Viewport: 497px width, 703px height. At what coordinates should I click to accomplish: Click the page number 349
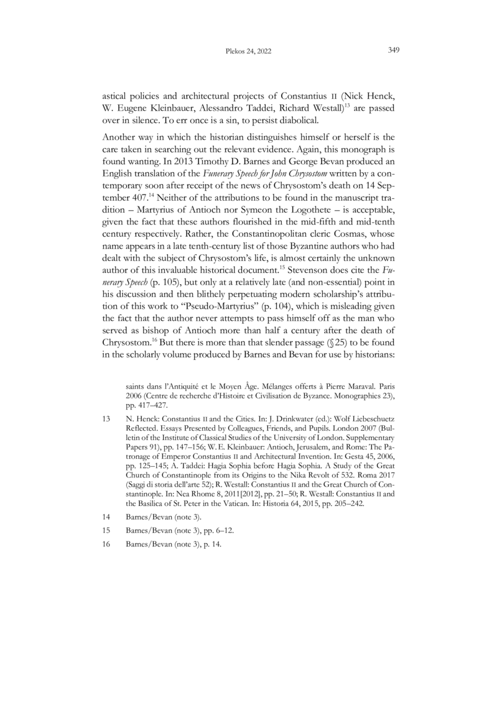393,51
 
